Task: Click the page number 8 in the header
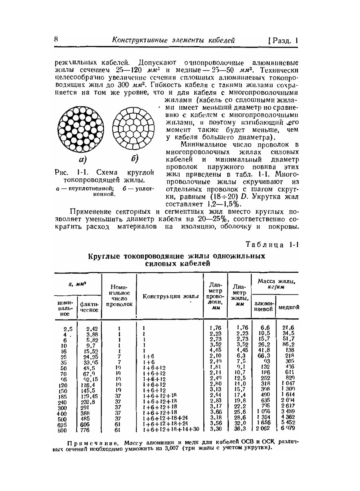pos(56,39)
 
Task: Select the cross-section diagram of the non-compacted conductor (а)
pos(81,128)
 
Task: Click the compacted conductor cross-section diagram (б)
pos(133,128)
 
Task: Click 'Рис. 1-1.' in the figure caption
pos(68,172)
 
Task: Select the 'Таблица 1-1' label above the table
pos(272,245)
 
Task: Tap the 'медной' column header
pos(288,307)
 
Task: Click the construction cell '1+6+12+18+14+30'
pos(171,429)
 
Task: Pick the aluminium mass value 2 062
pos(262,429)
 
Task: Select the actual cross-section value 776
pos(85,430)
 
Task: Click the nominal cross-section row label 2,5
pos(68,328)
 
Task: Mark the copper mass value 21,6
pos(288,328)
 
